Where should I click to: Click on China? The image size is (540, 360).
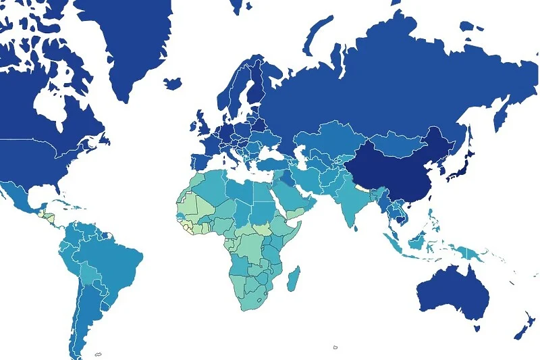(x=398, y=169)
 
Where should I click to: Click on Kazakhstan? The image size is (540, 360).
(x=331, y=138)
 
